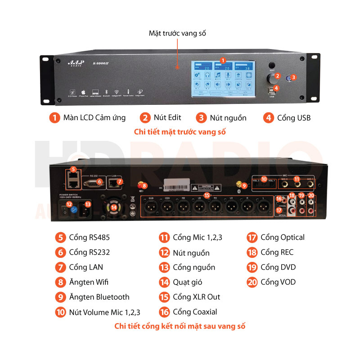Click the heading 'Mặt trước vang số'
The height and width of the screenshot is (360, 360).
[177, 33]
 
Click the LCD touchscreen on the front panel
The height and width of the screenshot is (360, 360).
[223, 78]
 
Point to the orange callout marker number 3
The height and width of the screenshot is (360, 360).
[293, 77]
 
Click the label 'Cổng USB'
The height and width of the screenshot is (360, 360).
[293, 118]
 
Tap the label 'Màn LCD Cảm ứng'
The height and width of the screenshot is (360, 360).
[94, 118]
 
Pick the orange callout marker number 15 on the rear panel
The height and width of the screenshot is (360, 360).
[207, 195]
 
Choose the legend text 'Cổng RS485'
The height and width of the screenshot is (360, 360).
[89, 237]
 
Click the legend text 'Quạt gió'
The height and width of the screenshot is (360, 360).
[187, 282]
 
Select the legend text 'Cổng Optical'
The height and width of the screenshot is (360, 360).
[282, 237]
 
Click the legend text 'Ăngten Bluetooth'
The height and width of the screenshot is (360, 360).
[99, 297]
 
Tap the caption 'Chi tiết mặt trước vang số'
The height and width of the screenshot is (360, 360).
[180, 132]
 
